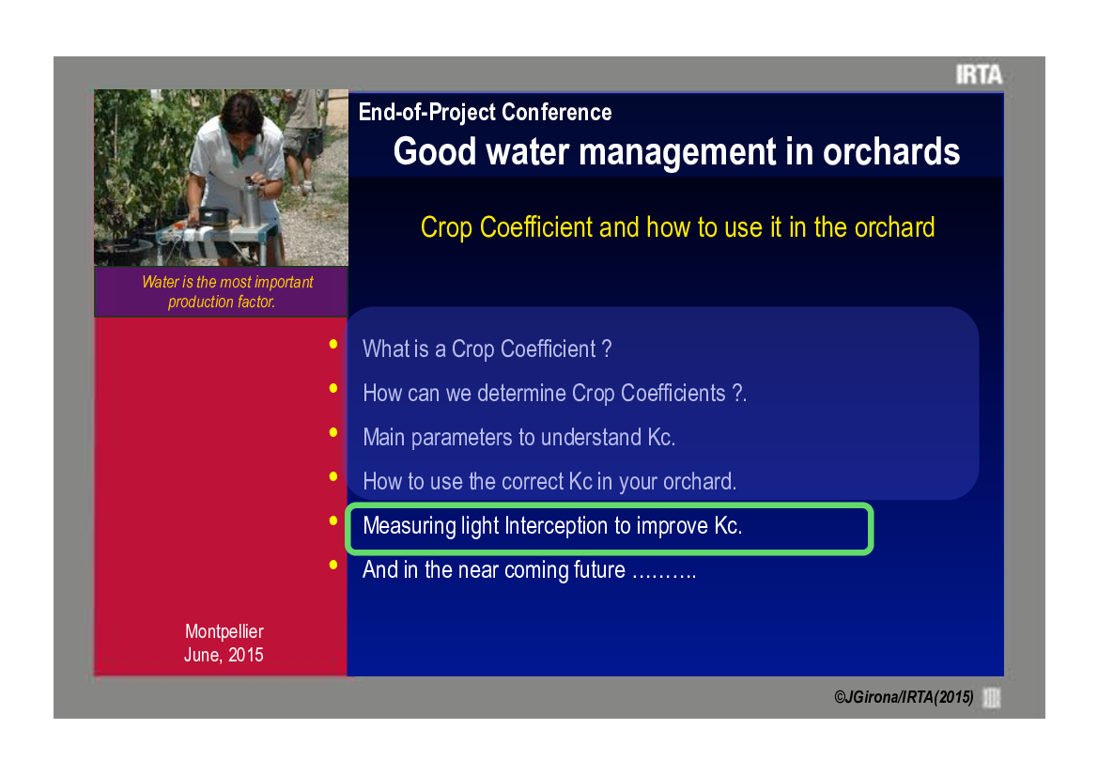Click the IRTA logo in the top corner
point(979,74)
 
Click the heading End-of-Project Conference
point(485,112)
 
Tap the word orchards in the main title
point(890,151)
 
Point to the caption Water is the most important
point(227,282)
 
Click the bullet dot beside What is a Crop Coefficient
point(333,344)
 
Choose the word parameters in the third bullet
point(461,438)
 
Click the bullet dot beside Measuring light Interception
point(333,520)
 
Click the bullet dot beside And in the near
point(333,565)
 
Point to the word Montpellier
point(224,631)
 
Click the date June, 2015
point(224,655)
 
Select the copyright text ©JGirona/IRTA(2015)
point(904,697)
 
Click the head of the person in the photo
point(240,115)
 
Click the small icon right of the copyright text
point(992,698)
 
